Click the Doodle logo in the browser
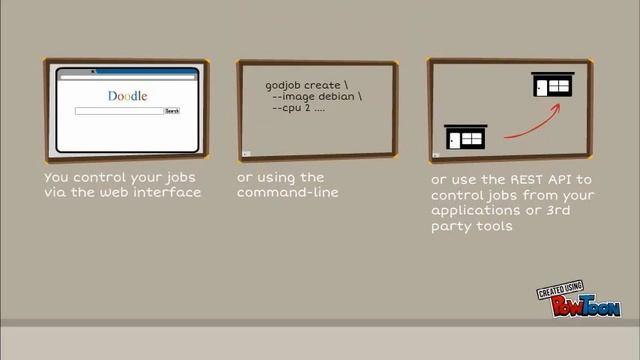coord(127,96)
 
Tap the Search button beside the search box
coord(172,111)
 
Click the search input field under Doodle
coord(119,111)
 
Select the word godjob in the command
coord(284,85)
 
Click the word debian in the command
coord(337,96)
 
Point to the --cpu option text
coord(288,107)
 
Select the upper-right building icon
coord(552,86)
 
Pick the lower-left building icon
coord(465,137)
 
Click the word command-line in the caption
coord(288,191)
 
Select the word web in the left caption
coord(117,191)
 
